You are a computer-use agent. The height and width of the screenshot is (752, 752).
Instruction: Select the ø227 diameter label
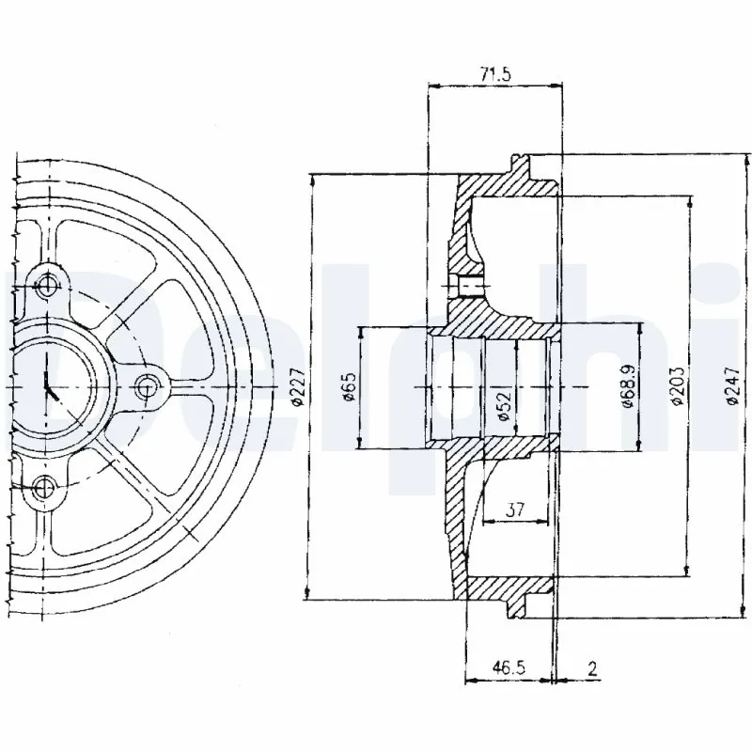298,386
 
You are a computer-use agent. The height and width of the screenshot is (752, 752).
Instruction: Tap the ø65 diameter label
349,386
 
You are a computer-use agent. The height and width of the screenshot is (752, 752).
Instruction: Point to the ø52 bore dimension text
503,400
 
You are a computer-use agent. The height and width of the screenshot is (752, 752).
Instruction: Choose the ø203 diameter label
678,386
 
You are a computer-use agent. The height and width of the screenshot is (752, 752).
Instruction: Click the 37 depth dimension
514,509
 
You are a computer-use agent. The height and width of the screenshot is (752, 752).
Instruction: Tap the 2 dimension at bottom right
591,669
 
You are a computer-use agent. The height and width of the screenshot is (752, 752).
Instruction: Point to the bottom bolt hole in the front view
44,486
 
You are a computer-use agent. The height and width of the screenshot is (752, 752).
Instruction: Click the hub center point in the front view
47,385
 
